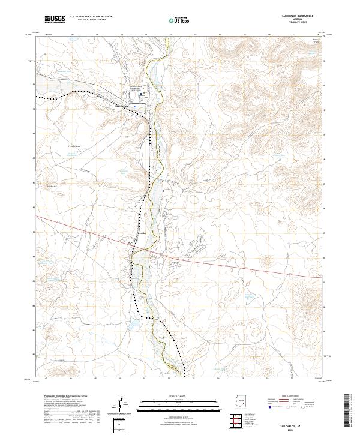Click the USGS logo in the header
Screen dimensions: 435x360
55,19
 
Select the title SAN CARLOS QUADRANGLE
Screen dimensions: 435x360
294,15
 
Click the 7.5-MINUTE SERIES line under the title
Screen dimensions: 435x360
294,22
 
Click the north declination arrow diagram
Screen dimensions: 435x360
121,405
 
